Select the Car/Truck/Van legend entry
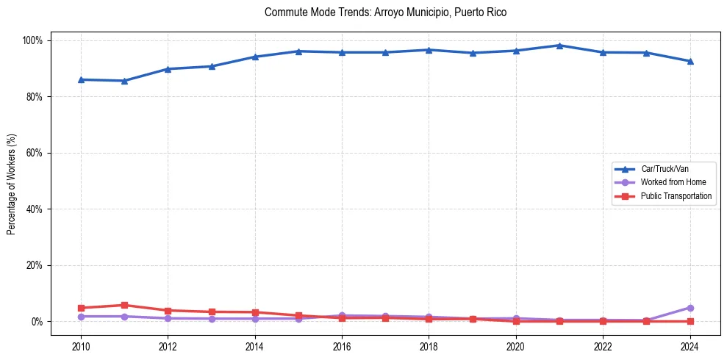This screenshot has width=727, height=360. click(x=664, y=169)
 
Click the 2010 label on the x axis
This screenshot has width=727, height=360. click(x=81, y=346)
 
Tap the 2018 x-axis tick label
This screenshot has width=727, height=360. click(x=429, y=346)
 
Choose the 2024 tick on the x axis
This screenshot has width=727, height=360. click(x=690, y=346)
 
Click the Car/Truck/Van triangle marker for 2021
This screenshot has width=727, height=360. click(x=559, y=46)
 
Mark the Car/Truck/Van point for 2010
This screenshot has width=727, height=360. click(x=81, y=79)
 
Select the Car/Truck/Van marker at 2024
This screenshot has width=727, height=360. click(x=690, y=61)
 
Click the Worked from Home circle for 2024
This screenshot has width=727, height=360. click(x=690, y=308)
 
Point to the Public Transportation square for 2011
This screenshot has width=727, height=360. click(x=124, y=305)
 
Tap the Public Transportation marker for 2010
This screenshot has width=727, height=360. click(x=81, y=308)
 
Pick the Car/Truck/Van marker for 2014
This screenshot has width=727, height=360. click(x=255, y=57)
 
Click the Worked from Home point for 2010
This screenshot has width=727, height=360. click(x=81, y=317)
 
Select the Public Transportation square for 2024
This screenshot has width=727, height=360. click(x=690, y=321)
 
